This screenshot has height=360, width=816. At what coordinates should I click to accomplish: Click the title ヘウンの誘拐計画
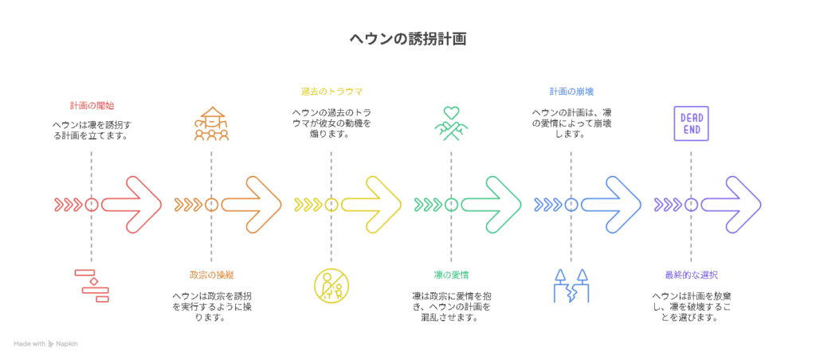click(407, 39)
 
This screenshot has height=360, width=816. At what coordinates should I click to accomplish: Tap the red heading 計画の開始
click(92, 106)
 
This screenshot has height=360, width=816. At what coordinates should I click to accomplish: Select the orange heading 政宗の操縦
click(211, 275)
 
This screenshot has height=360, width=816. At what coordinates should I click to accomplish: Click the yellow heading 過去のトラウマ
click(331, 92)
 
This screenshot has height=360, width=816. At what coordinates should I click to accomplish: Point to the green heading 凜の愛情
click(451, 275)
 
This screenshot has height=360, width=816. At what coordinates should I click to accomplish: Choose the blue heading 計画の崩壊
click(571, 92)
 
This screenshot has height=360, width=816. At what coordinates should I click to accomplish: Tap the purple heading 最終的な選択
click(691, 275)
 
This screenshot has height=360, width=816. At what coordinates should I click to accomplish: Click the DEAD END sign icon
click(691, 123)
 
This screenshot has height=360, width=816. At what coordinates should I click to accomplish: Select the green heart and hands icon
click(451, 123)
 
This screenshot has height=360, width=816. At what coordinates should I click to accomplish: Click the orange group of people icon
click(211, 123)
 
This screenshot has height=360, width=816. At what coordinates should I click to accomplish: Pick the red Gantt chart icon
click(92, 286)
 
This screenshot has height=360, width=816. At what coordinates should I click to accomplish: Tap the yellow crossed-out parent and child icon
click(331, 286)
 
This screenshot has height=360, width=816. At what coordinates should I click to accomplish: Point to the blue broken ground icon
click(571, 286)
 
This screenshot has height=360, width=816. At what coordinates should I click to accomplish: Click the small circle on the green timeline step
click(451, 205)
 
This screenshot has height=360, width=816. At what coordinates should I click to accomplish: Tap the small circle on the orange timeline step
click(211, 205)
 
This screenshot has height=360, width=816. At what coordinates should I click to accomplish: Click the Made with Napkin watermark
click(45, 344)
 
